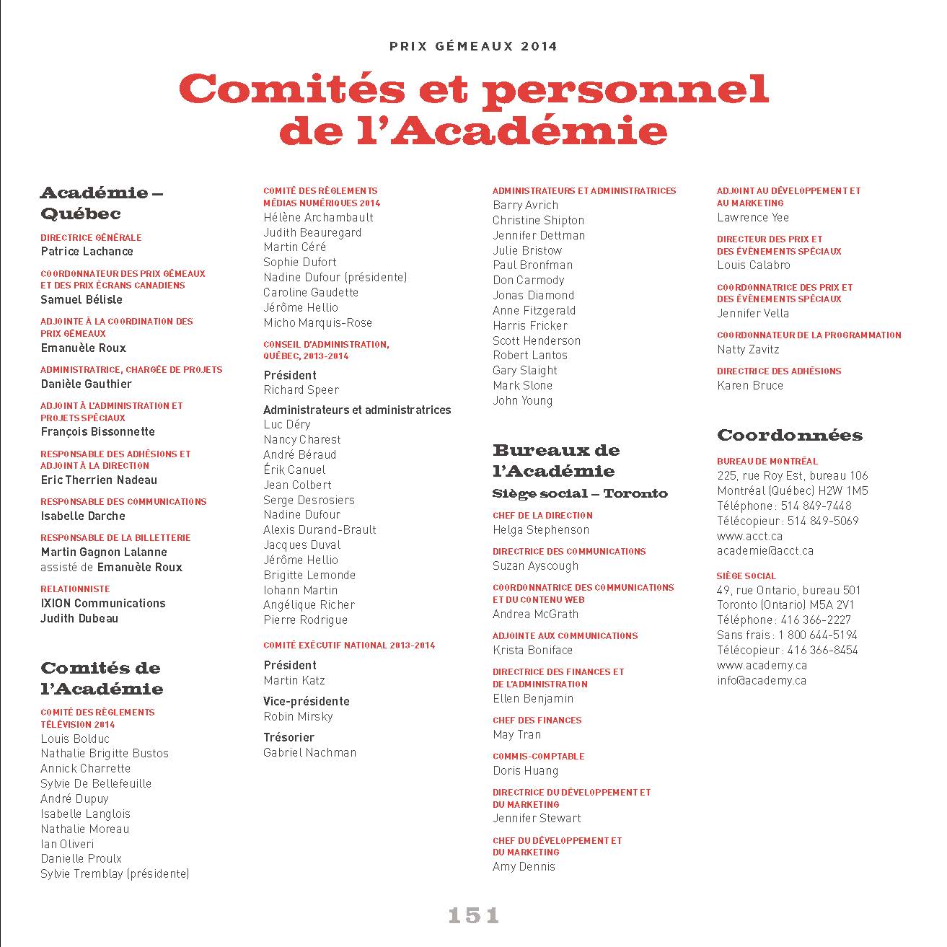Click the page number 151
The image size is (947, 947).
(473, 915)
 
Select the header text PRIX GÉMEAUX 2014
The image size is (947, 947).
(473, 46)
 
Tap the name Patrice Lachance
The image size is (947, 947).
(87, 251)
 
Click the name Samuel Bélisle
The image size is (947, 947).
(82, 299)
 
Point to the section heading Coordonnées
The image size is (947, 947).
(790, 435)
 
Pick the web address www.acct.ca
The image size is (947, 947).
(749, 536)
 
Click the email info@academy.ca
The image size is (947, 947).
(762, 680)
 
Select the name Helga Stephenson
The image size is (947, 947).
(541, 529)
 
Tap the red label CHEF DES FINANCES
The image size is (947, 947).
(537, 720)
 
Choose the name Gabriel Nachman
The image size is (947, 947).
(310, 752)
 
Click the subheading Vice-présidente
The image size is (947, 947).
(307, 701)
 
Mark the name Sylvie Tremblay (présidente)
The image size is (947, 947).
(115, 873)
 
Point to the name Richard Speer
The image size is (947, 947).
(301, 389)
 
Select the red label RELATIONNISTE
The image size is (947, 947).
(75, 589)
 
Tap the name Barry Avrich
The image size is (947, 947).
(525, 205)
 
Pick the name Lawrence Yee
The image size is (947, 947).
(753, 217)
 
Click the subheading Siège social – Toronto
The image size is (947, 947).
(580, 493)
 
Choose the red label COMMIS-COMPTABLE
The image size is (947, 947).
(538, 756)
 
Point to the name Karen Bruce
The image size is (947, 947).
(750, 385)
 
